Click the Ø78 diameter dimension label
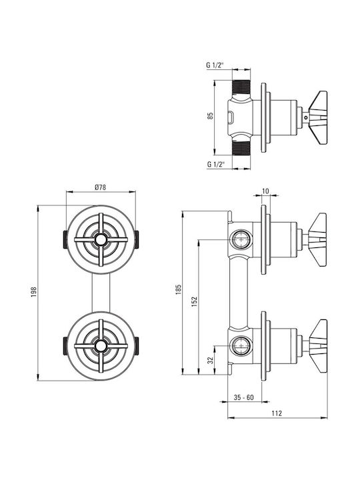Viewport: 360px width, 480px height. [101, 187]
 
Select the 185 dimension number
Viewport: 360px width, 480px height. [179, 289]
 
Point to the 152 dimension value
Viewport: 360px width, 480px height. [195, 301]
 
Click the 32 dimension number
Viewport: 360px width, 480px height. [211, 360]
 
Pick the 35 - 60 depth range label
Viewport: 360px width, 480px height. [244, 397]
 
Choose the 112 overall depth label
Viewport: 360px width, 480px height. [277, 413]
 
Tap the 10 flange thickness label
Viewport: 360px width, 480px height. [265, 191]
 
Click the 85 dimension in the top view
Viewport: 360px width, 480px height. [210, 116]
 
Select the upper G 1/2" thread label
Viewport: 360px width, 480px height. [215, 65]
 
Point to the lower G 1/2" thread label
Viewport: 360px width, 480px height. [216, 164]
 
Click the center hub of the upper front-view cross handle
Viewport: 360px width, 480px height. [101, 239]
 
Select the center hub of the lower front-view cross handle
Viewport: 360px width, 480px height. [101, 346]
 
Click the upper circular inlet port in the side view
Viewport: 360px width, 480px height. [241, 239]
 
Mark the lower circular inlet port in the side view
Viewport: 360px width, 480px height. [241, 345]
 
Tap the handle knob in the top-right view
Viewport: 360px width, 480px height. [318, 117]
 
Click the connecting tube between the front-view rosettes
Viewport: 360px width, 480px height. [101, 293]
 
